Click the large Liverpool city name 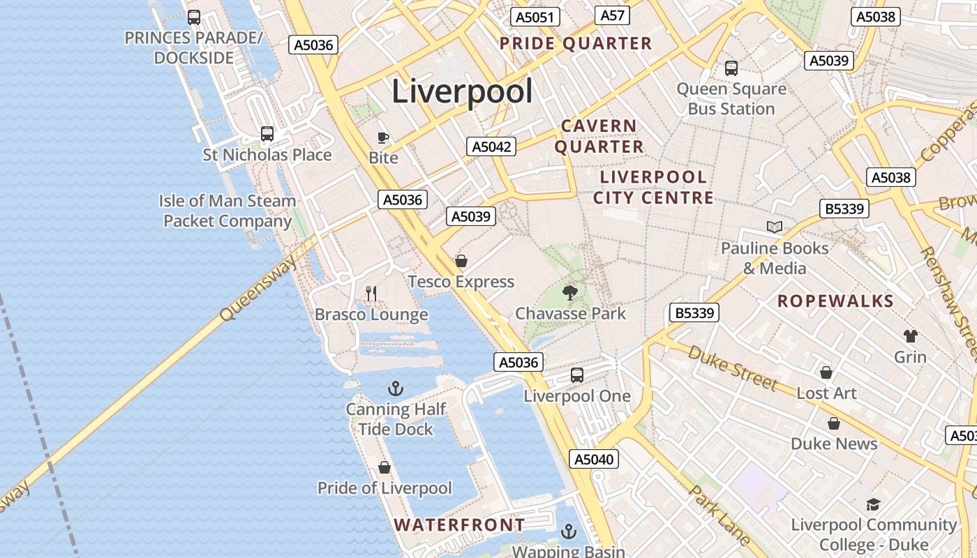(462, 91)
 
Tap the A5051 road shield (534, 17)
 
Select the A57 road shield (613, 15)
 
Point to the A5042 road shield (492, 146)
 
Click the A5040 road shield (595, 459)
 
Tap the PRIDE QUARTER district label (576, 44)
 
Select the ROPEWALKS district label (835, 301)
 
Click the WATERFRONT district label (459, 525)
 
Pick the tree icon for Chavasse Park (570, 293)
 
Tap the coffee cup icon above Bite (382, 137)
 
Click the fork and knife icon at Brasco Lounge (371, 294)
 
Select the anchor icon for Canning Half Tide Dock (396, 389)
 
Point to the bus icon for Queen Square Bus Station (731, 68)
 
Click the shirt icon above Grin (910, 336)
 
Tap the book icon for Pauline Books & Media (774, 227)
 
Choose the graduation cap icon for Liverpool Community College (872, 504)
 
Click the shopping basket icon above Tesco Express (461, 262)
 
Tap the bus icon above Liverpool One (577, 375)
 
